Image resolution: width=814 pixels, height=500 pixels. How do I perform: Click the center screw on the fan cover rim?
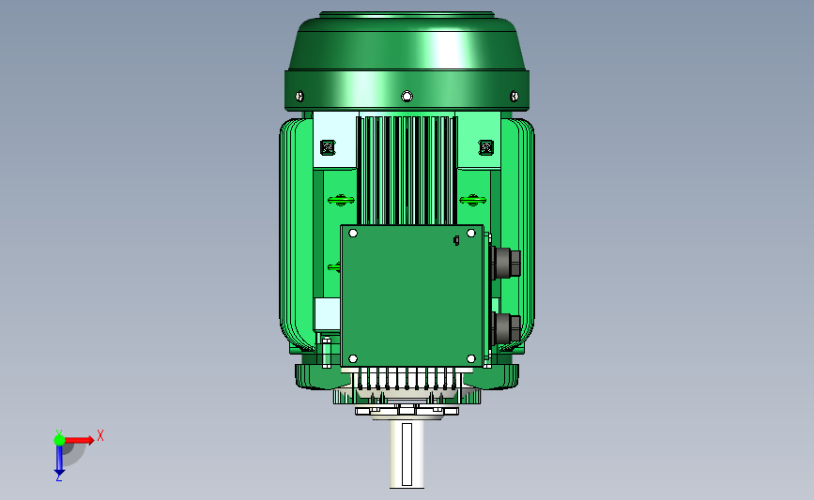pyautogui.click(x=407, y=97)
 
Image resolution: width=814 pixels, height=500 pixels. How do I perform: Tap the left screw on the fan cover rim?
pyautogui.click(x=299, y=96)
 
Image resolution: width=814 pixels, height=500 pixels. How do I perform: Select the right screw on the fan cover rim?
pyautogui.click(x=514, y=96)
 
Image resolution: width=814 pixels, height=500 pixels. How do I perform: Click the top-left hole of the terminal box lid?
pyautogui.click(x=353, y=234)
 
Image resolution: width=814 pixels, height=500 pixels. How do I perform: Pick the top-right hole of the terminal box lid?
pyautogui.click(x=471, y=234)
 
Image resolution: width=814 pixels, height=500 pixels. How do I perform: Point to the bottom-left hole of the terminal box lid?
pyautogui.click(x=353, y=359)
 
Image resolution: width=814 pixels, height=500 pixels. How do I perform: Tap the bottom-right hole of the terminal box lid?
pyautogui.click(x=471, y=359)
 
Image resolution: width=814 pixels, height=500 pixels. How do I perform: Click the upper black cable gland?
pyautogui.click(x=506, y=263)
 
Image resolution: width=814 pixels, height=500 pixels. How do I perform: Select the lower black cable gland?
pyautogui.click(x=506, y=329)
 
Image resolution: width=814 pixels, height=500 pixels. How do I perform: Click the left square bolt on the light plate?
pyautogui.click(x=328, y=148)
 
